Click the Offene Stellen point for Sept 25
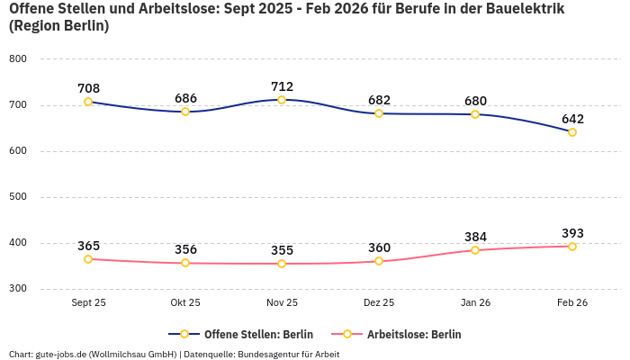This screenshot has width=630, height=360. [88, 102]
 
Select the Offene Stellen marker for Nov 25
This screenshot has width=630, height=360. [282, 100]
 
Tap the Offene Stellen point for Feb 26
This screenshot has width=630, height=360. [572, 132]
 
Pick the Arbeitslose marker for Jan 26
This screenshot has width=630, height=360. [475, 250]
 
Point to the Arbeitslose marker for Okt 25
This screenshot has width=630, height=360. [185, 263]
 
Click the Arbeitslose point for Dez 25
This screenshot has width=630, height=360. [379, 261]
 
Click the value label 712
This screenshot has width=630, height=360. [282, 86]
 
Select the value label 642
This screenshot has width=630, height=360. [572, 119]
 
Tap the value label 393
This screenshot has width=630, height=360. [572, 233]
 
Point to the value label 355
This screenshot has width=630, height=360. [282, 250]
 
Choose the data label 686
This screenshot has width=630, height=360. [185, 98]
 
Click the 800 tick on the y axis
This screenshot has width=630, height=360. [18, 58]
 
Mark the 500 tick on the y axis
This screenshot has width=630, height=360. [18, 197]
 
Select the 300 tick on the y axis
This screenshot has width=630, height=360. [18, 289]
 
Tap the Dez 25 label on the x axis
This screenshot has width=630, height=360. [379, 303]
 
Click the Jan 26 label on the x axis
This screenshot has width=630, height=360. [475, 303]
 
